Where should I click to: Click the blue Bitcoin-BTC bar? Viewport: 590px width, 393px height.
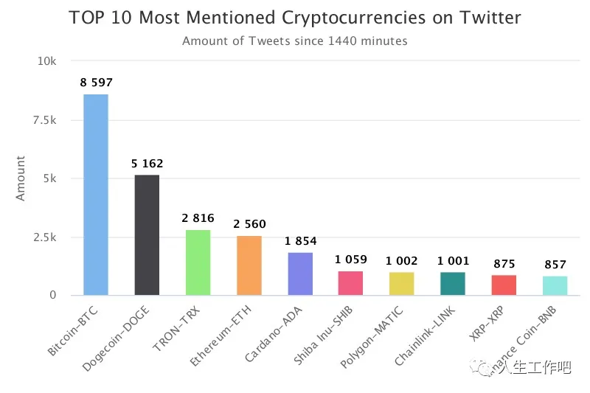[x=96, y=195]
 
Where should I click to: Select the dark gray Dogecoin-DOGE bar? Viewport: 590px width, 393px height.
[x=147, y=235]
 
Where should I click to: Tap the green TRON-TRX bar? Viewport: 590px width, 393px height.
[x=198, y=262]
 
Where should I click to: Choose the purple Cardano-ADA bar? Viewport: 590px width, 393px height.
[x=300, y=274]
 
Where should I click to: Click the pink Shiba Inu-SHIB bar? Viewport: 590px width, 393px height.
[x=351, y=283]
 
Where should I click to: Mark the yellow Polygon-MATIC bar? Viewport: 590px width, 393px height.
[x=402, y=284]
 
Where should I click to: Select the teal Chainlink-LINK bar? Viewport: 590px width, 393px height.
[x=453, y=284]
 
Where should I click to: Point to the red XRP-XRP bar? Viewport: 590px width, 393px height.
[x=504, y=285]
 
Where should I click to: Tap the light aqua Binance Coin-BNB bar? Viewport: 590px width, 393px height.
[x=555, y=285]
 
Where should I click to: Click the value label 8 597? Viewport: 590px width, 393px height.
[x=96, y=83]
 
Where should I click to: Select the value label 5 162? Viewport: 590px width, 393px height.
[x=147, y=164]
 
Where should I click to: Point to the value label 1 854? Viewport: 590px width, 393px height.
[x=300, y=240]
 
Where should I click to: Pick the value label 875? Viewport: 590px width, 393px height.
[x=504, y=263]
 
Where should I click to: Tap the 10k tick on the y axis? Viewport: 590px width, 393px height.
[x=47, y=62]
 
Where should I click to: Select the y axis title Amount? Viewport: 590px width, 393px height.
[x=21, y=178]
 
